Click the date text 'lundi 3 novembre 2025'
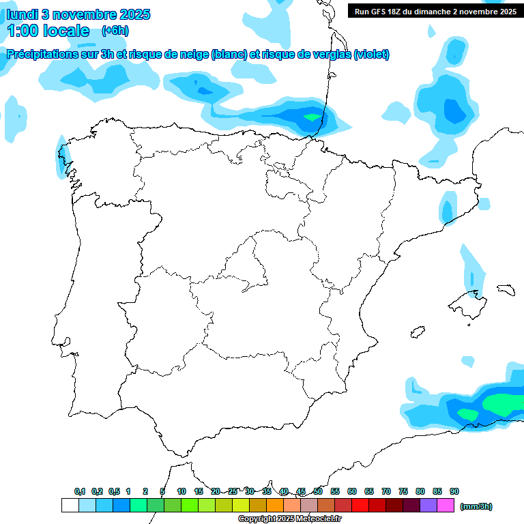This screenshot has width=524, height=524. [x=78, y=14]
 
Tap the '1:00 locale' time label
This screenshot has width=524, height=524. [x=48, y=31]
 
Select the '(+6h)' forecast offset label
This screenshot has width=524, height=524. [x=115, y=31]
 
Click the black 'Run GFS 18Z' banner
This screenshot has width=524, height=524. [x=435, y=11]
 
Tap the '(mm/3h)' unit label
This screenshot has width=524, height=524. [x=476, y=506]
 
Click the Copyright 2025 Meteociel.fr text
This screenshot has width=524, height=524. [x=290, y=519]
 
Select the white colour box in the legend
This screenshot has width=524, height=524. [x=70, y=506]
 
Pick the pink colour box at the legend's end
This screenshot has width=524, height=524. [x=446, y=506]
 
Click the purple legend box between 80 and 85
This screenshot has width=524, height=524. [x=428, y=506]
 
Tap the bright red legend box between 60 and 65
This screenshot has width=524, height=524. [x=360, y=506]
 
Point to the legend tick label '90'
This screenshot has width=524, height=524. [x=454, y=492]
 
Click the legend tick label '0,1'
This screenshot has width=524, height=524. [x=80, y=492]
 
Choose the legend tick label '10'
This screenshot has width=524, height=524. [x=181, y=492]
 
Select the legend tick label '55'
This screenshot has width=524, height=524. [x=335, y=492]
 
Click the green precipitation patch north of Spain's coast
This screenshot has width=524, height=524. [x=312, y=117]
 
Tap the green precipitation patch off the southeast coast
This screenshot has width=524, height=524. [x=504, y=403]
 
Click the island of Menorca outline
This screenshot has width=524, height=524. [x=506, y=289]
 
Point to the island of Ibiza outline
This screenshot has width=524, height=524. [x=418, y=332]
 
